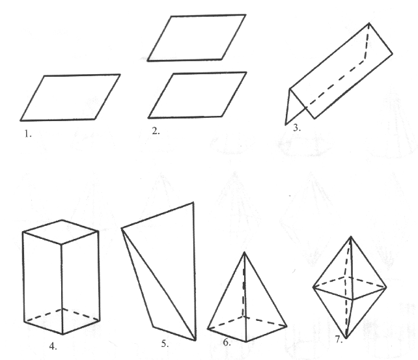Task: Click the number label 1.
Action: tap(28, 133)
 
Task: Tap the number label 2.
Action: tap(156, 131)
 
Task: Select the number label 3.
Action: tap(297, 128)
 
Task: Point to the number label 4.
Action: tap(53, 346)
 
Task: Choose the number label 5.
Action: tap(165, 344)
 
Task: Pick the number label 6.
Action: tap(227, 342)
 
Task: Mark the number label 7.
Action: tap(339, 339)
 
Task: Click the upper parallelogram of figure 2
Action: tap(197, 38)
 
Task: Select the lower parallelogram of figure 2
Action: tap(197, 95)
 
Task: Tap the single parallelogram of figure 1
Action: tap(70, 98)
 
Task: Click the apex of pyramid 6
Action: tap(244, 253)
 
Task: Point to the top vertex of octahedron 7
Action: tap(351, 236)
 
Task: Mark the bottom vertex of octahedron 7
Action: tap(346, 339)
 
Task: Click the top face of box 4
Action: tap(61, 232)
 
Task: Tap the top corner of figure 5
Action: tap(193, 202)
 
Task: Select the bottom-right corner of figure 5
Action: tap(195, 340)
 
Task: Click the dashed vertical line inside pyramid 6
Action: tap(244, 284)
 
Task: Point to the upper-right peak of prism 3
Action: tap(369, 23)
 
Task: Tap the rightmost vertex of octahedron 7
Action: tap(386, 288)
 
